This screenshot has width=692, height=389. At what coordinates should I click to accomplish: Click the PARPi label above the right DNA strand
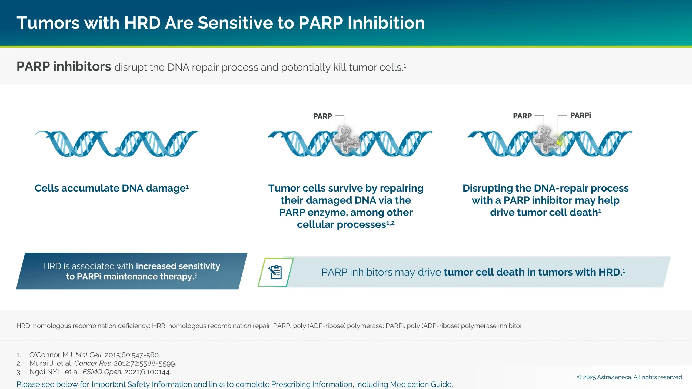(x=580, y=115)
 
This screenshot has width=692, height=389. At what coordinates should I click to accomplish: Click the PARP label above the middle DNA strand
(x=322, y=116)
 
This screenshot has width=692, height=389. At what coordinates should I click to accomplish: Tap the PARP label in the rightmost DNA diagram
(x=522, y=116)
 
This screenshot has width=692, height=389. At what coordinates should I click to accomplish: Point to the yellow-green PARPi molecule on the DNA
(x=559, y=142)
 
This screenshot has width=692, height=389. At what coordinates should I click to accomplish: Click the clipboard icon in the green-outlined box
(x=275, y=272)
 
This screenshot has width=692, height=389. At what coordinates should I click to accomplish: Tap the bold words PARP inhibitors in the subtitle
(x=64, y=66)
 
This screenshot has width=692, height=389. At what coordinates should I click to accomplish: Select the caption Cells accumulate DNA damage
(x=112, y=188)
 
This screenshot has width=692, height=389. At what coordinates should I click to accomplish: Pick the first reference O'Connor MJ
(x=95, y=355)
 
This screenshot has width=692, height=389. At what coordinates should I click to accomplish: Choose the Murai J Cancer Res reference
(x=103, y=363)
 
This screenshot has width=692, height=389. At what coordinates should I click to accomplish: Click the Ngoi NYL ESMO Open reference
(x=100, y=372)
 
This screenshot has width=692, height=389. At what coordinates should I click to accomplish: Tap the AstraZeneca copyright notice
(x=630, y=377)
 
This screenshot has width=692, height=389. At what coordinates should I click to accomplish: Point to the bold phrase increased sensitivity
(x=178, y=266)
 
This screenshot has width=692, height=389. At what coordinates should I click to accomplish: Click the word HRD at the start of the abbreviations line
(x=23, y=326)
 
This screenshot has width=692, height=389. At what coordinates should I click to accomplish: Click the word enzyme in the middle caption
(x=327, y=212)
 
